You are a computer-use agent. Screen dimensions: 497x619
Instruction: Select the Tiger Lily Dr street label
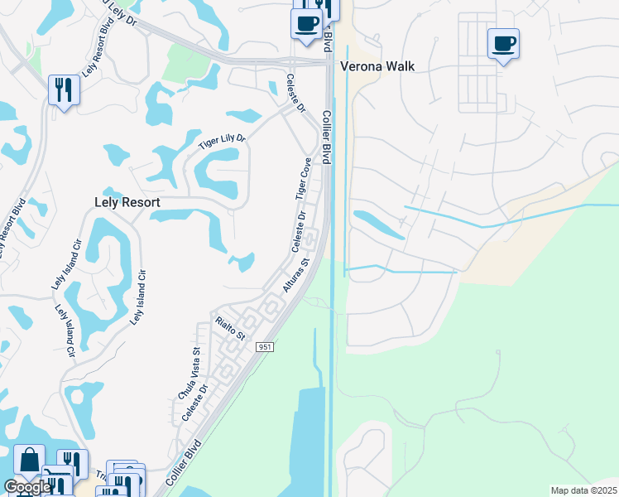(x=223, y=142)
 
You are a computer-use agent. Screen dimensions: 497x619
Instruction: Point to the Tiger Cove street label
(x=304, y=178)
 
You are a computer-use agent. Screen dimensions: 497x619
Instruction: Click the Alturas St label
(x=295, y=273)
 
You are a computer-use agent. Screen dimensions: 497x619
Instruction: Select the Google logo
(x=26, y=487)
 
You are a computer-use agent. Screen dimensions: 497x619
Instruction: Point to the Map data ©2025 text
(x=583, y=490)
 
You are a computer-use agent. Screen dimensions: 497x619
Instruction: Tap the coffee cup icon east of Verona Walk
(x=503, y=44)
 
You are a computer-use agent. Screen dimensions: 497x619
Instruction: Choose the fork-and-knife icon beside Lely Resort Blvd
(x=64, y=88)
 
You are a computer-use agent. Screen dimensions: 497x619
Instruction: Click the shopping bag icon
(x=29, y=461)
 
